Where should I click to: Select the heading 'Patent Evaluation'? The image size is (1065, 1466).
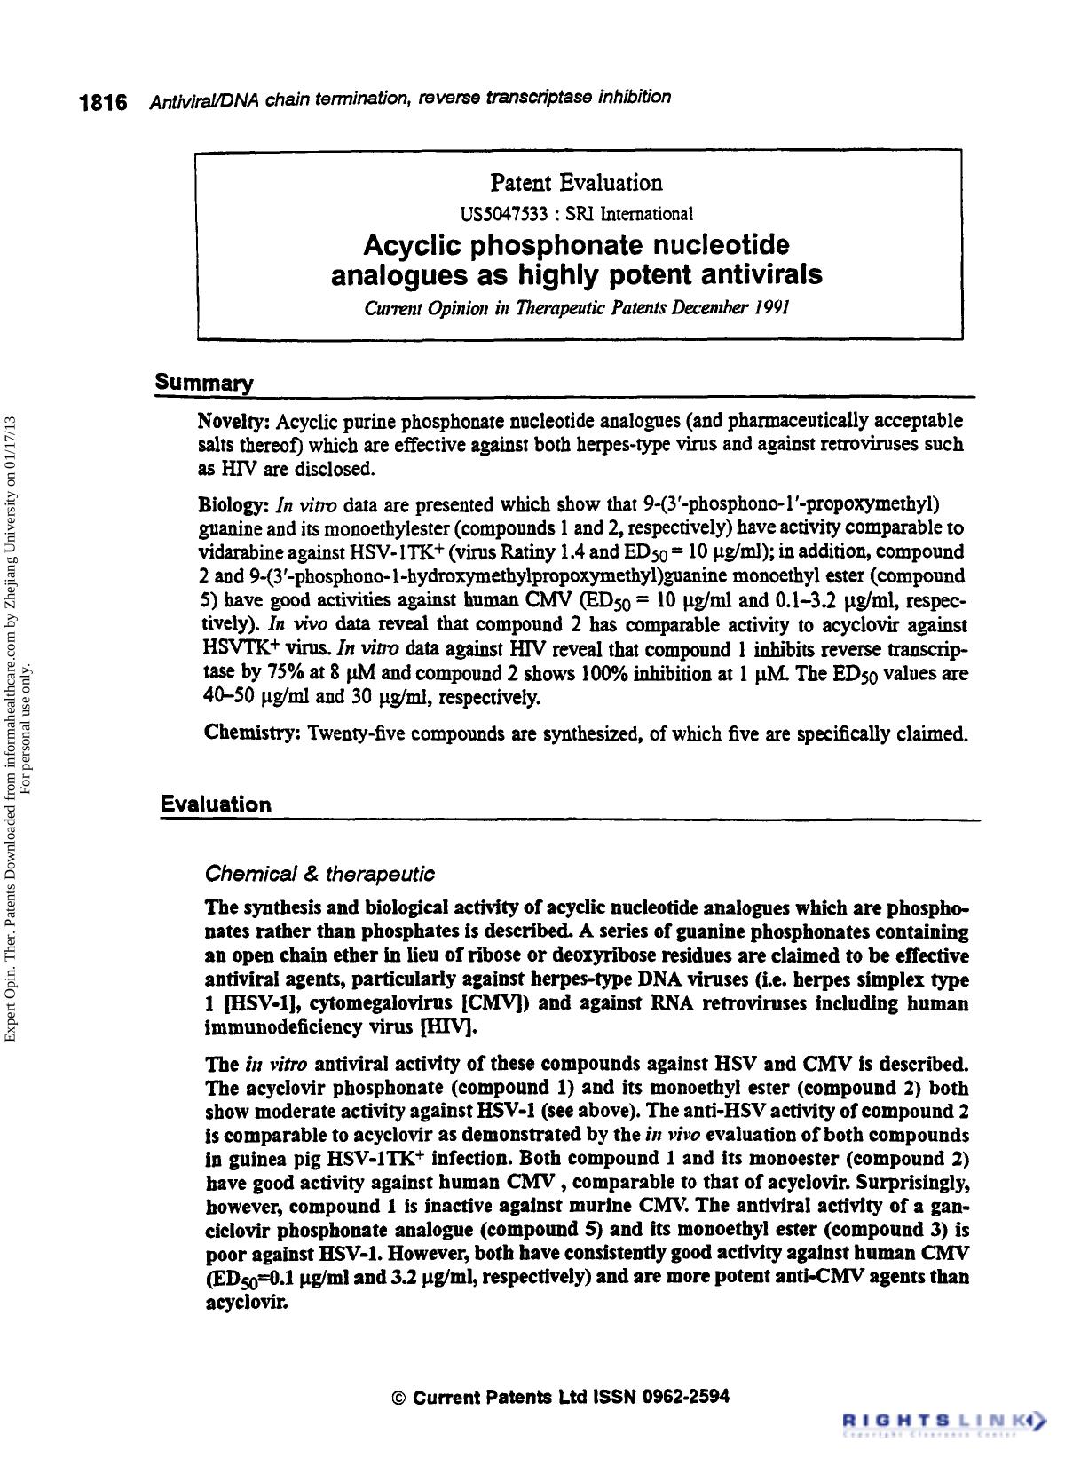[x=576, y=184]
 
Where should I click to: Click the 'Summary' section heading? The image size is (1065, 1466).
[x=204, y=384]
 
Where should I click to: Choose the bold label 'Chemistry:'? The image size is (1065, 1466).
[x=251, y=733]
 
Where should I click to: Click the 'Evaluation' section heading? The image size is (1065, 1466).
[x=216, y=804]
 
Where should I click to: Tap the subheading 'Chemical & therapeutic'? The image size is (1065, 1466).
[x=319, y=874]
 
